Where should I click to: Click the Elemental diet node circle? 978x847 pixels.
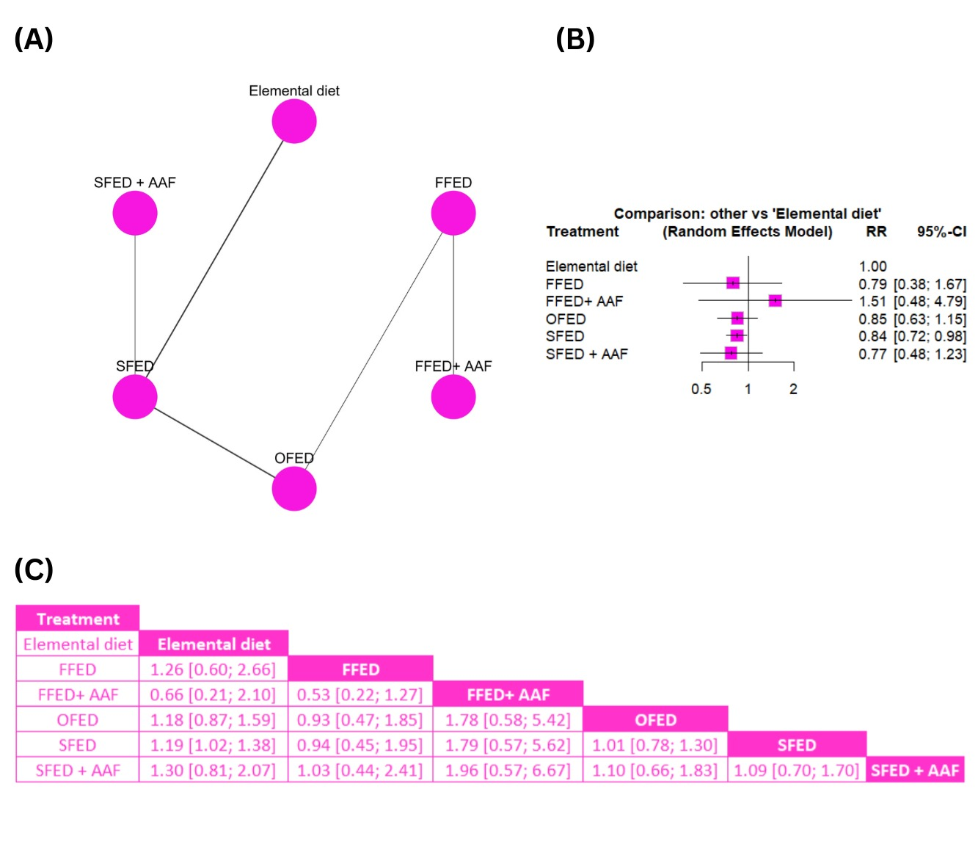[x=293, y=121]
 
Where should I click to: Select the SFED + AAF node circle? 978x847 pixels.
[x=135, y=213]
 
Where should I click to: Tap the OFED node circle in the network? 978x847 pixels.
[x=293, y=489]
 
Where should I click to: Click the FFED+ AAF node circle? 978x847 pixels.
[x=453, y=397]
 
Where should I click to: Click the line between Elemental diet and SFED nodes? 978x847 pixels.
[x=214, y=259]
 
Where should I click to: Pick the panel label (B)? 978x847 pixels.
[x=574, y=39]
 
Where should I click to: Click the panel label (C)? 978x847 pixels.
[x=34, y=570]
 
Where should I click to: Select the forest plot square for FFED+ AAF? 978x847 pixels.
[x=775, y=300]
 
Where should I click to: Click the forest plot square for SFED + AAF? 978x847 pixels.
[x=731, y=353]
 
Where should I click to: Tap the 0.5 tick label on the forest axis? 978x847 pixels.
[x=701, y=389]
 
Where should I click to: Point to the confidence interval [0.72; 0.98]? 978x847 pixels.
[x=930, y=336]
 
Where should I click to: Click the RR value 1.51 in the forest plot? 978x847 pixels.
[x=872, y=301]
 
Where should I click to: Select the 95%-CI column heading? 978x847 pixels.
[x=941, y=231]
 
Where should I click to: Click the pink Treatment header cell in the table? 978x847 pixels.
[x=78, y=618]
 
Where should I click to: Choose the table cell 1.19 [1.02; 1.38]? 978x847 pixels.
[x=213, y=745]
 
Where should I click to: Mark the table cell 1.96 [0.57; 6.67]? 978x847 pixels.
[x=508, y=771]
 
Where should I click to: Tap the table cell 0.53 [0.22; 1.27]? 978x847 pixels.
[x=360, y=694]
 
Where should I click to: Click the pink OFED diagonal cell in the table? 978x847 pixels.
[x=655, y=719]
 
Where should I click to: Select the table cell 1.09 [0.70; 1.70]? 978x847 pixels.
[x=797, y=771]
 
